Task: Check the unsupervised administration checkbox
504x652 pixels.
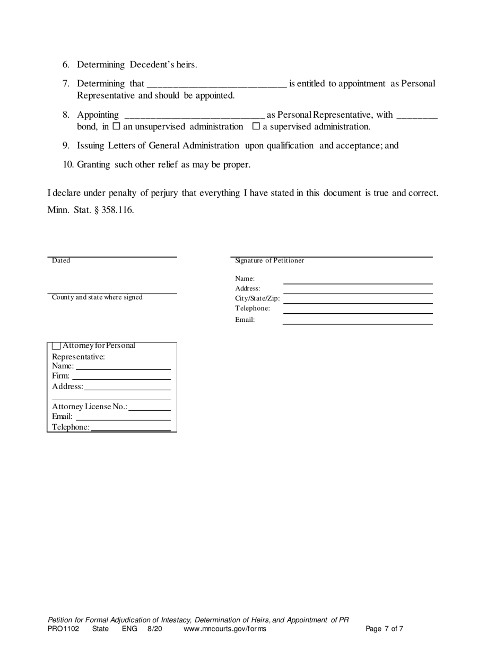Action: pos(117,127)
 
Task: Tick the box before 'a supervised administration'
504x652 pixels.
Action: pos(256,127)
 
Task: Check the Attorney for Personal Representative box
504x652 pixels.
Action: pos(56,346)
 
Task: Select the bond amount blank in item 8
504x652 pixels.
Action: pos(417,114)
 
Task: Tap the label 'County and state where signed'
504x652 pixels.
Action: pos(97,297)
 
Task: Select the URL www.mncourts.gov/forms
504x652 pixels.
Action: pos(225,629)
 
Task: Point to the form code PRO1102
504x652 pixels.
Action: pos(63,629)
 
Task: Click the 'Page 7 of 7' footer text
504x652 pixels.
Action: pos(385,629)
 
